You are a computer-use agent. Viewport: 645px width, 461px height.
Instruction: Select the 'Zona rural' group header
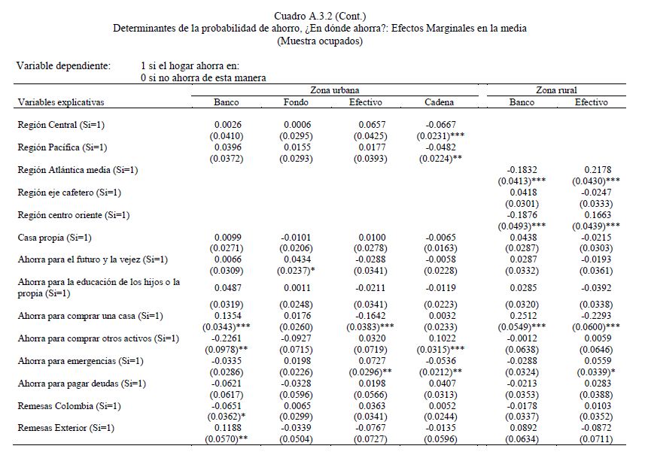pos(557,89)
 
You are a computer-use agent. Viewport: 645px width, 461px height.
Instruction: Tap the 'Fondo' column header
pos(295,102)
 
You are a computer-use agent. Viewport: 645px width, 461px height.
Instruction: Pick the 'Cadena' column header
pos(439,102)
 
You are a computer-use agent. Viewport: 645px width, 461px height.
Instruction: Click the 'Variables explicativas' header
pos(61,102)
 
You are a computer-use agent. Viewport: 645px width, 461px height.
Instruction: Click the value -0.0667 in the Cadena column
pos(440,125)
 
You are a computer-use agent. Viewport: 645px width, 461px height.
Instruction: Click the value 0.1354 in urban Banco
pos(227,316)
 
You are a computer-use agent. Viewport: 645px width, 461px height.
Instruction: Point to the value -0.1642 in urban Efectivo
pos(367,316)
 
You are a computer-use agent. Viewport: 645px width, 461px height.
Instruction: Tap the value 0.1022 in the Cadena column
pos(440,338)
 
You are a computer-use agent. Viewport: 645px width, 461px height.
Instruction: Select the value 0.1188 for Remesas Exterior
pos(227,428)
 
